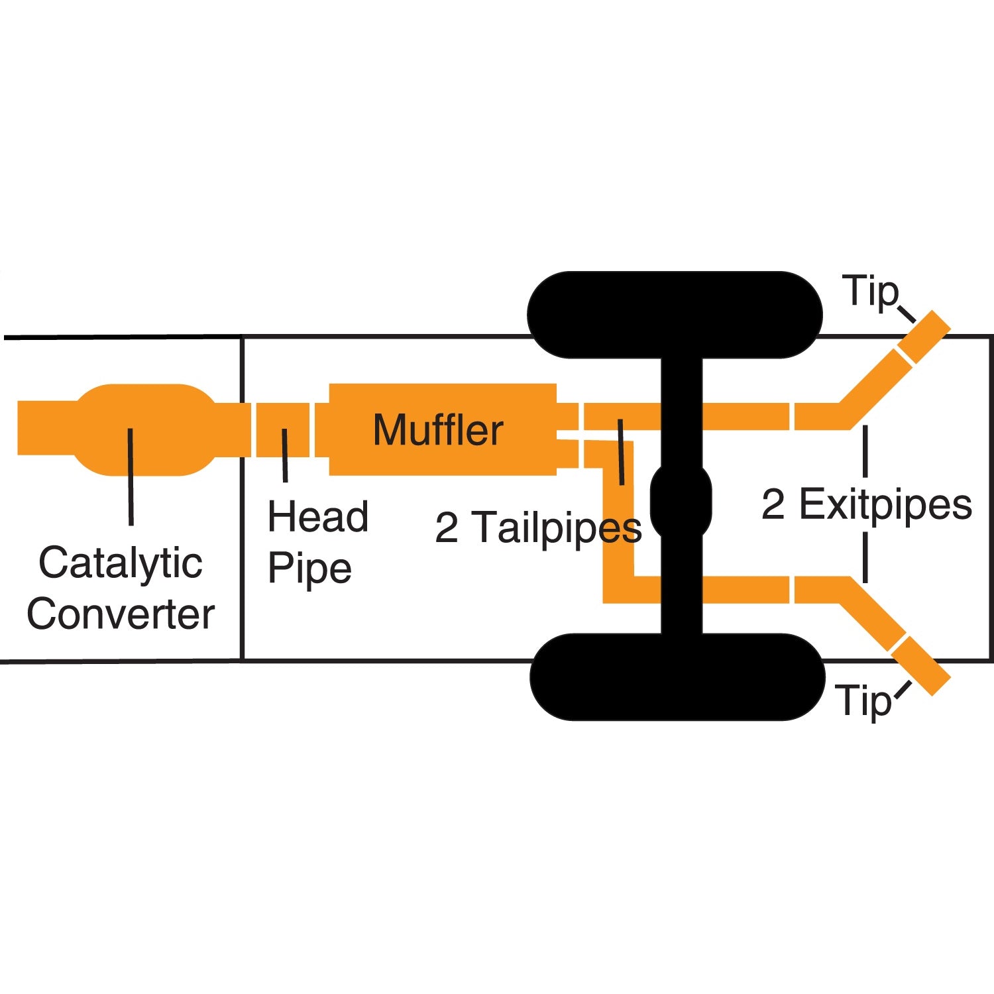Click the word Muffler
point(438,429)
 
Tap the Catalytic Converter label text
point(121,588)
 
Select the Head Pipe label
point(317,542)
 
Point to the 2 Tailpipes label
point(538,527)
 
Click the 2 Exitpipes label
point(867,504)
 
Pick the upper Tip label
point(870,292)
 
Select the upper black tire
point(675,315)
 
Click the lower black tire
point(676,677)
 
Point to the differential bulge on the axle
point(681,501)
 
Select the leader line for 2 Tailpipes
point(620,451)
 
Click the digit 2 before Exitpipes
point(773,504)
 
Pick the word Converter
point(121,614)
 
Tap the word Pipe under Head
point(309,569)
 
